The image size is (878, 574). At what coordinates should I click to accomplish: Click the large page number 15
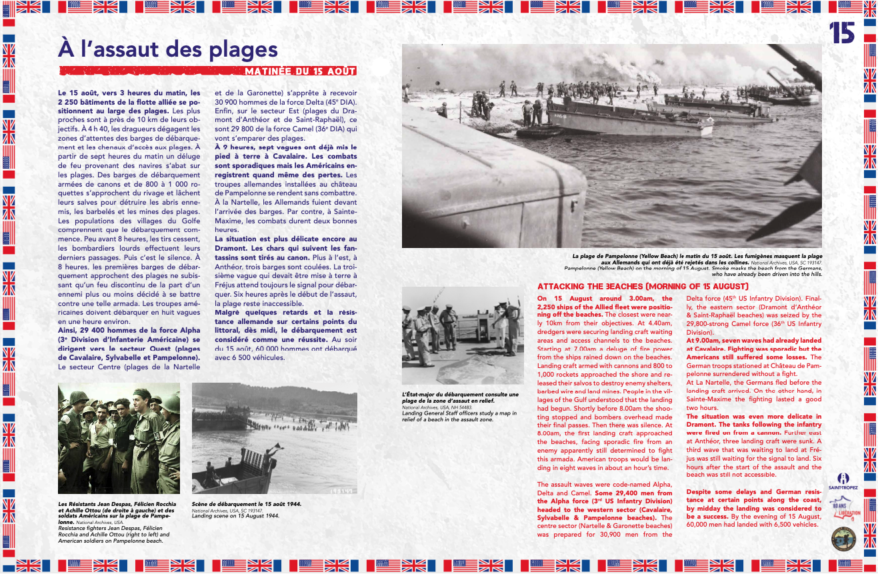[x=842, y=33]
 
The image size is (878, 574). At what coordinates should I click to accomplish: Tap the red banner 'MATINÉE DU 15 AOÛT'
[x=299, y=71]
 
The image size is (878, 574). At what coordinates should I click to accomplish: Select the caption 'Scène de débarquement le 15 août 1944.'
[x=246, y=504]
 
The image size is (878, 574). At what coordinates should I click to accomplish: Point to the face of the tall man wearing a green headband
[x=141, y=405]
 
